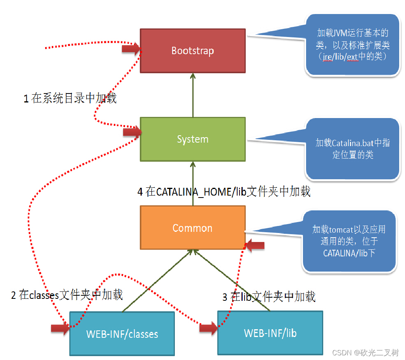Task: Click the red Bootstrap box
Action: (193, 51)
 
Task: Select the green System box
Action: (193, 139)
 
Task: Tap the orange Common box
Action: (193, 228)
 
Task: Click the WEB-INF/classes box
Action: (122, 334)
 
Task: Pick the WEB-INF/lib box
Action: (270, 333)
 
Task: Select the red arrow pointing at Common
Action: (255, 245)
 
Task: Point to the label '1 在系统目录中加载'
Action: (70, 99)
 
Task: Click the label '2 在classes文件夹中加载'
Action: (67, 295)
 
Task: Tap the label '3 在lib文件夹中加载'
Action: (269, 297)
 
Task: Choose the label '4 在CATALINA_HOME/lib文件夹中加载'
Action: (224, 192)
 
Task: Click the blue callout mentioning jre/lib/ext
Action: (352, 45)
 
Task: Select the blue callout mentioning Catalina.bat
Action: (352, 149)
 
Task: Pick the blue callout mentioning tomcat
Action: (349, 241)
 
